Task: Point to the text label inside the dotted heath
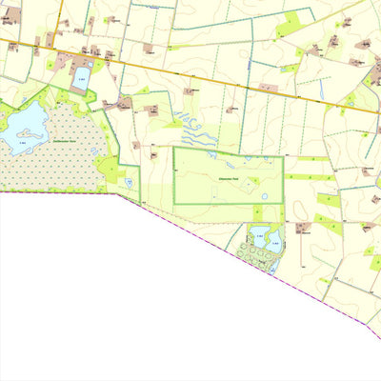click(65, 142)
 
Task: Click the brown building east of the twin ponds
click(302, 229)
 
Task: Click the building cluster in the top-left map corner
click(11, 14)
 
